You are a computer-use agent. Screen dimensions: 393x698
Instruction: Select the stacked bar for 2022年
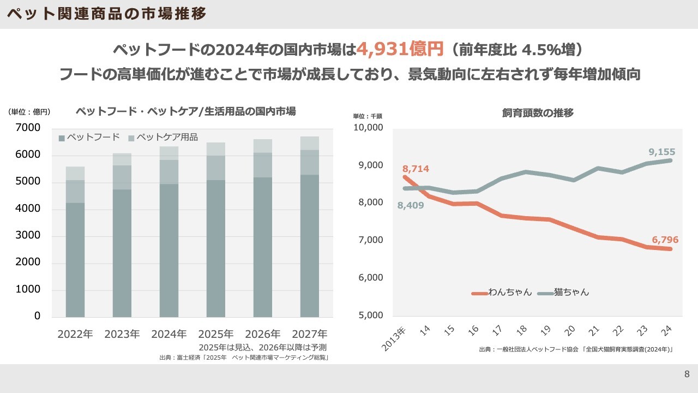[75, 242]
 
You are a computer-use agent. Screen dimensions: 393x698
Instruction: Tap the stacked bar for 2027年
[310, 227]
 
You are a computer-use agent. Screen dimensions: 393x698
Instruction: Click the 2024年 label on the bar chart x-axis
[169, 334]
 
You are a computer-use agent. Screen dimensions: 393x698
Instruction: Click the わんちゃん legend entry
[502, 293]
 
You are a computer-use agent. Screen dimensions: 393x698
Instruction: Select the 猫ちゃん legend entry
[563, 293]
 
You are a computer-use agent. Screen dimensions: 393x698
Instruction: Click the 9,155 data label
[662, 151]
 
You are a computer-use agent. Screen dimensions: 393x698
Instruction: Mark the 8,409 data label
[411, 206]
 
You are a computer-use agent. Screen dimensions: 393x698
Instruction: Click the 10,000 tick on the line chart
[368, 128]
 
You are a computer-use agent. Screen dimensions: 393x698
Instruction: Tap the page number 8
[687, 374]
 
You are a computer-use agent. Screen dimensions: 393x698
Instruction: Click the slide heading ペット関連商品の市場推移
[107, 14]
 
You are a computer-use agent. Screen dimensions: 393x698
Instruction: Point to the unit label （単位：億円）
[29, 112]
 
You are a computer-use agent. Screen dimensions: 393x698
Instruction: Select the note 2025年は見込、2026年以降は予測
[262, 347]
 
